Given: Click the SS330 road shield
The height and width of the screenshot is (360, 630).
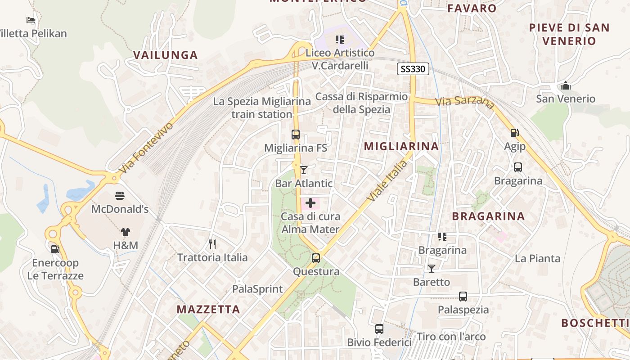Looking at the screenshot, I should [413, 69].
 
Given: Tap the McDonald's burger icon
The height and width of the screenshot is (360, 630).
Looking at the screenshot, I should [120, 196].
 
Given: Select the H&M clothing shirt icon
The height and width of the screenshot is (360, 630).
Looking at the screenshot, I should [125, 232].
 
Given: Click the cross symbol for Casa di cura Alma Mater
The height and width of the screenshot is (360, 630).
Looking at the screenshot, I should [310, 203].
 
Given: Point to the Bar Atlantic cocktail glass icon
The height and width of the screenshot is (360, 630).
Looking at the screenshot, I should [304, 170].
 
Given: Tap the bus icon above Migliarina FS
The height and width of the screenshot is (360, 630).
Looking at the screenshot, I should [296, 134].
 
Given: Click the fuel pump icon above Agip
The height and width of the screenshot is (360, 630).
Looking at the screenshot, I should [514, 133].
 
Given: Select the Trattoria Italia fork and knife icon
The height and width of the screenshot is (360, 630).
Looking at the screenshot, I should [212, 244].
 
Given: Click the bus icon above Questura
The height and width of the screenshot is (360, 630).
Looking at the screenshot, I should [316, 258].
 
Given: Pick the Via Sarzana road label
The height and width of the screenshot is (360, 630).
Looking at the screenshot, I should [465, 102].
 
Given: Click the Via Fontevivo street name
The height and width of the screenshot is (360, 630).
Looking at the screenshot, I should [146, 148].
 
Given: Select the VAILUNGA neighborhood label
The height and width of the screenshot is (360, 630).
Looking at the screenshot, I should [166, 55].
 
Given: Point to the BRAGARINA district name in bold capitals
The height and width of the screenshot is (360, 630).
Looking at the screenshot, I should [488, 216].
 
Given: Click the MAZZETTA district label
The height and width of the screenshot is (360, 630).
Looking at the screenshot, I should [208, 310].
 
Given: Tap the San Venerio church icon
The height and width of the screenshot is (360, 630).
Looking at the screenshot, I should [566, 85].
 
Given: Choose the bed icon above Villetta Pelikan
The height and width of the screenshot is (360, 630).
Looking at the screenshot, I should [31, 20].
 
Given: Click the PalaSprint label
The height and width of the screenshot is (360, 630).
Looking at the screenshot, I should [257, 289].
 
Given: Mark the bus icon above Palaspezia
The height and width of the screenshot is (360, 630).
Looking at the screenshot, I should [463, 297].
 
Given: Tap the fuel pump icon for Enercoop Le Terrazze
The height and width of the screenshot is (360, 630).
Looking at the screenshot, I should [55, 249].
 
